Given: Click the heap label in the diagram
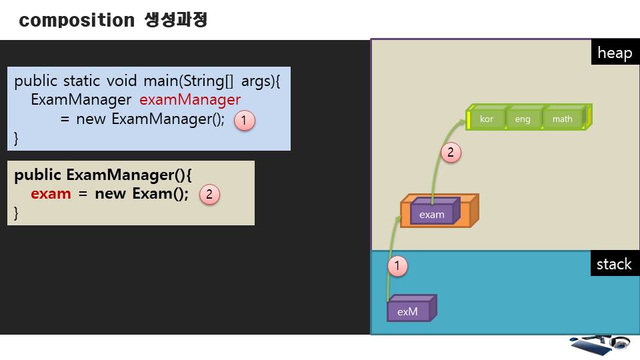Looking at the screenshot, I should [x=614, y=53].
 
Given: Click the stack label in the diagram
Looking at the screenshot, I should [x=613, y=264].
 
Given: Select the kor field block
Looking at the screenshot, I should [x=486, y=119].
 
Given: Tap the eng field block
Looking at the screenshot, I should [x=523, y=119].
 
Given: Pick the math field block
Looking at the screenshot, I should [x=562, y=119].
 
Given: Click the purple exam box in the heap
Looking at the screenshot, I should [x=432, y=214].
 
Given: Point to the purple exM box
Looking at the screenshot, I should [x=408, y=311].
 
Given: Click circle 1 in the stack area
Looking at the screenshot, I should [x=397, y=267].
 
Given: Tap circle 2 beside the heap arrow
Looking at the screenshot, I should [x=450, y=153].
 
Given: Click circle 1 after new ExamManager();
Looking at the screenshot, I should [x=244, y=120].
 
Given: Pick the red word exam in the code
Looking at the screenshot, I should [x=51, y=194].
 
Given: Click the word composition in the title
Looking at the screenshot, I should [x=77, y=21].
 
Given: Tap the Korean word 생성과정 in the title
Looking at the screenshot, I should [x=176, y=20].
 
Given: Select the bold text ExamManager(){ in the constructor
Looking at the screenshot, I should [x=129, y=175].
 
